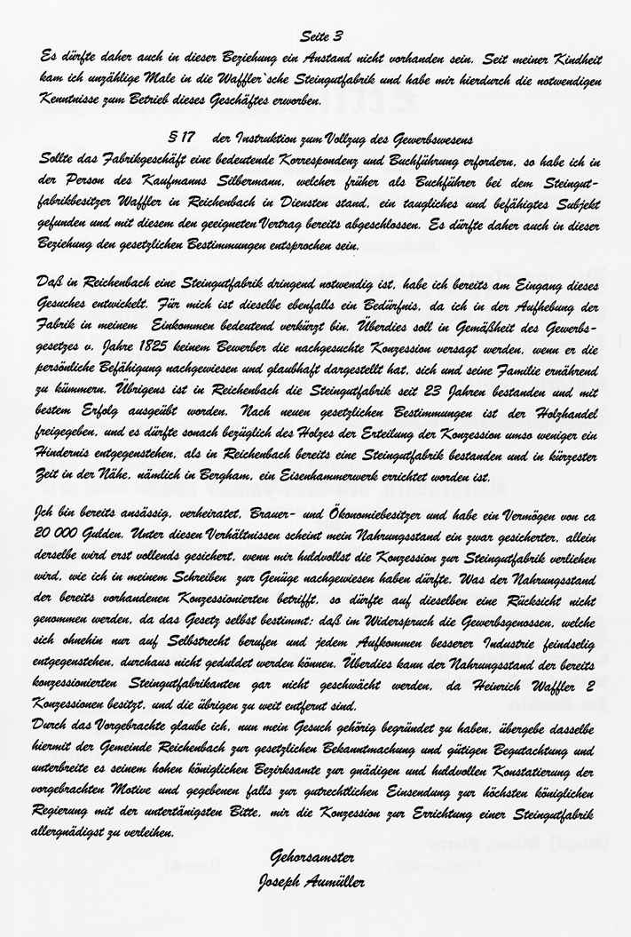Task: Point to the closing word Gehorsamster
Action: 305,856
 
